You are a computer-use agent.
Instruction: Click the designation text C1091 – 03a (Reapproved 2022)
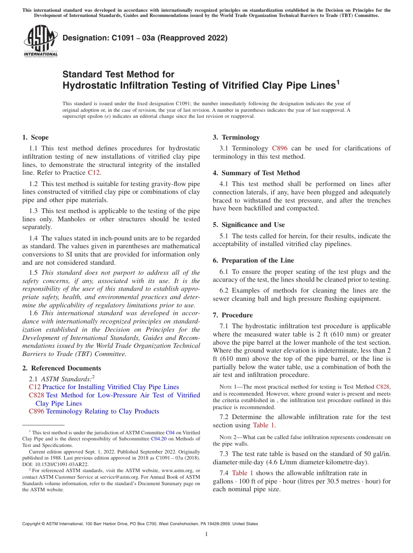coord(145,38)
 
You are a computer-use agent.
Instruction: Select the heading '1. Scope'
coord(36,137)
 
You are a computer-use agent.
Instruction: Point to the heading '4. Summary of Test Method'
coord(256,173)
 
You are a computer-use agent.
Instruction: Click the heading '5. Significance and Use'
coord(249,225)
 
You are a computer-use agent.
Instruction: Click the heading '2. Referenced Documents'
coord(56,368)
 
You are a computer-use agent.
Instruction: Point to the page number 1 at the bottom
coord(206,534)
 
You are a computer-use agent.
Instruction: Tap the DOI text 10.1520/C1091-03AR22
coord(60,464)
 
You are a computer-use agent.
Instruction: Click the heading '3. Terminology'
coord(236,137)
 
